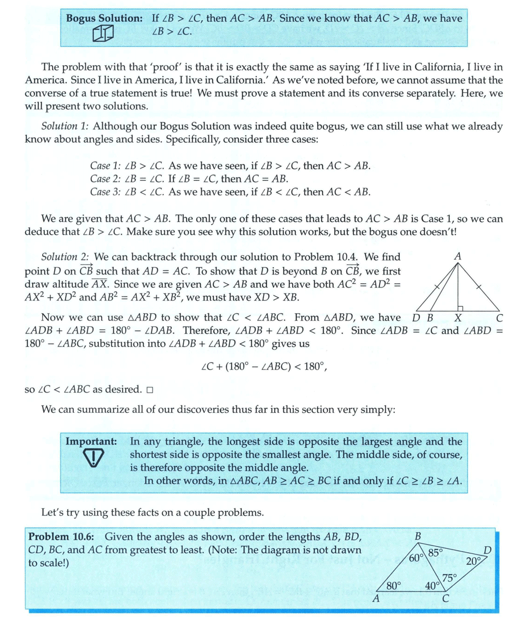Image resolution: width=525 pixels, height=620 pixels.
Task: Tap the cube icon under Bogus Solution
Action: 102,34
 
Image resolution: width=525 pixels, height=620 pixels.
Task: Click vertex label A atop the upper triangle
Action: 457,256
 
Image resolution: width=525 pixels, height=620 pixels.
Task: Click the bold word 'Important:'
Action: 91,441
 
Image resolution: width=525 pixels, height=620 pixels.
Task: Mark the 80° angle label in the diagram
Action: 394,586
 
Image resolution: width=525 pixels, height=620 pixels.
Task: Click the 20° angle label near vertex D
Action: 474,560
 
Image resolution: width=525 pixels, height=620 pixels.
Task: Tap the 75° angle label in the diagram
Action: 450,577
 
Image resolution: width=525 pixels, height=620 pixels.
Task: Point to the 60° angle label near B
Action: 417,558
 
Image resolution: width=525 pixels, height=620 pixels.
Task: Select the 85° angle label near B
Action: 435,552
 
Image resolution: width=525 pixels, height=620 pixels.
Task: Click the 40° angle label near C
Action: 433,586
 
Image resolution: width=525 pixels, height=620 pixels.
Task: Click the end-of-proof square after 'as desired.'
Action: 150,390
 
